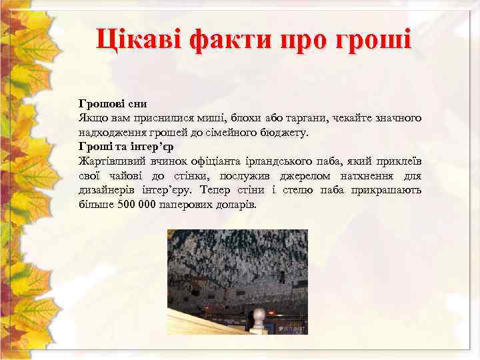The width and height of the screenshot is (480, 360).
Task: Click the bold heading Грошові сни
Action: tap(113, 104)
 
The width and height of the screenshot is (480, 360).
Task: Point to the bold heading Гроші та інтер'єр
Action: tap(126, 147)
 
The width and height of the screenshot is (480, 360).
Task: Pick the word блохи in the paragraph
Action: tap(248, 118)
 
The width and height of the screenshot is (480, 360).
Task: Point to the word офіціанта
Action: tap(213, 161)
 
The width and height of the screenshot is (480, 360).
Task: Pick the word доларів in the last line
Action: tap(234, 205)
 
